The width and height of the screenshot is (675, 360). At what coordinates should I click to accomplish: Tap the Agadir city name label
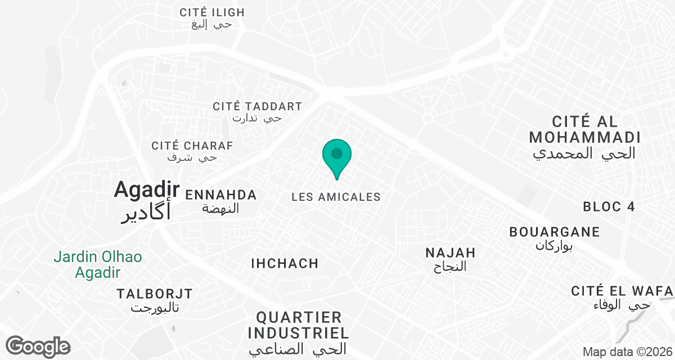pyautogui.click(x=146, y=190)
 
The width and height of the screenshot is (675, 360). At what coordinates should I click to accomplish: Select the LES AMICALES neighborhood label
pyautogui.click(x=336, y=197)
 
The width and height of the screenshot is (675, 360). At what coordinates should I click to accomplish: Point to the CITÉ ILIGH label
pyautogui.click(x=212, y=12)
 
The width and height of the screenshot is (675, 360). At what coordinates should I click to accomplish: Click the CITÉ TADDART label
pyautogui.click(x=257, y=106)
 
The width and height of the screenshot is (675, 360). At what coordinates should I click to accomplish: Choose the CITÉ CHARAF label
pyautogui.click(x=192, y=146)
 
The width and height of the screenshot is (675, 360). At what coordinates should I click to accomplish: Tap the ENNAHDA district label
pyautogui.click(x=220, y=195)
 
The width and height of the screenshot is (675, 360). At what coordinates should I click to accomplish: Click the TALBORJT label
pyautogui.click(x=154, y=294)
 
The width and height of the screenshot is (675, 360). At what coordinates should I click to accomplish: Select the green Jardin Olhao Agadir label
pyautogui.click(x=98, y=265)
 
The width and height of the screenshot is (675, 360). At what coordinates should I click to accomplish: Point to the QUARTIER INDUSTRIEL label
pyautogui.click(x=298, y=325)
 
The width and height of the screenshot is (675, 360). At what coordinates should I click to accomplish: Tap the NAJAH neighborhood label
pyautogui.click(x=451, y=253)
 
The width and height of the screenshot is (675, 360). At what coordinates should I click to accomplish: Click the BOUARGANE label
pyautogui.click(x=554, y=232)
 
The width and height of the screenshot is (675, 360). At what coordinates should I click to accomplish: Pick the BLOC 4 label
pyautogui.click(x=609, y=207)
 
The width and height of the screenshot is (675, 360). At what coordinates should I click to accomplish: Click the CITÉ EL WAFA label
pyautogui.click(x=622, y=291)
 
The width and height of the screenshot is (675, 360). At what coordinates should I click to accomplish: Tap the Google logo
pyautogui.click(x=38, y=346)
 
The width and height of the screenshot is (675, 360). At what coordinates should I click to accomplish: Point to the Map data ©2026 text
pyautogui.click(x=627, y=352)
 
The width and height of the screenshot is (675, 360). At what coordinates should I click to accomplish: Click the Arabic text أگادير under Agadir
pyautogui.click(x=146, y=214)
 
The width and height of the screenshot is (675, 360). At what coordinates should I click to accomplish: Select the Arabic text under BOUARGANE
pyautogui.click(x=555, y=245)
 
